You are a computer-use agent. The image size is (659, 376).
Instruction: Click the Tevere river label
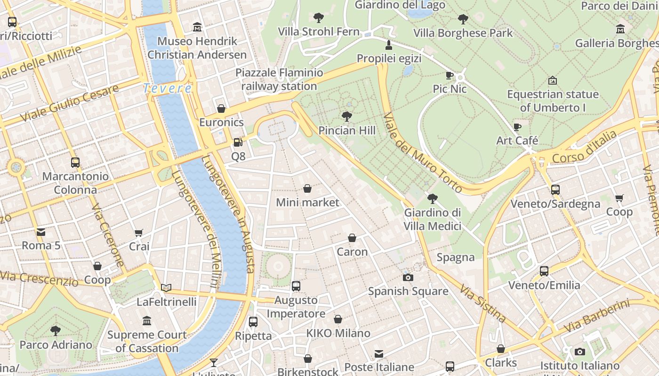point(168,88)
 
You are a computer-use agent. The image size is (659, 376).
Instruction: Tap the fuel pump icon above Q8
point(238,142)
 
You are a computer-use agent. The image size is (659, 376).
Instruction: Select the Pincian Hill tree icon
point(347,116)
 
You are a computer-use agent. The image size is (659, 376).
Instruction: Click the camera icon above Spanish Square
point(408,277)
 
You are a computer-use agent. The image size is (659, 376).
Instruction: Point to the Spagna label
point(455,257)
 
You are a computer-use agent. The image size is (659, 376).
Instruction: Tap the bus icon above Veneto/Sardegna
point(555,190)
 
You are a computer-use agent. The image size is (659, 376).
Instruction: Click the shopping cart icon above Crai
point(139,233)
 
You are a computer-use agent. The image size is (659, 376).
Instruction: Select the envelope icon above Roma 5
point(41,232)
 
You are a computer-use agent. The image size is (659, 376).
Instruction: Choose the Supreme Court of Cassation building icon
point(147,321)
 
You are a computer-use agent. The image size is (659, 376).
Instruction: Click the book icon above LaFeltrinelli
point(166,288)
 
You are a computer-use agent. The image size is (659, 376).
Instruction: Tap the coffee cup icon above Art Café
point(517,127)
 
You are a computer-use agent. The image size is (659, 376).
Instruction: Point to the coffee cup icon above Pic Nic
point(450,75)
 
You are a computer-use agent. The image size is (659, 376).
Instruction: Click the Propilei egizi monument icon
point(389,45)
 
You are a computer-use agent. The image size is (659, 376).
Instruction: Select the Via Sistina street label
point(483,304)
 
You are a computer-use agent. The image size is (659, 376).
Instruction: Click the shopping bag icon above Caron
point(352,238)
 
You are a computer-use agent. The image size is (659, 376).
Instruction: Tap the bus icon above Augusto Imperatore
point(296,286)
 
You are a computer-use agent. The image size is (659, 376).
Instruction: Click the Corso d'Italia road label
point(584,148)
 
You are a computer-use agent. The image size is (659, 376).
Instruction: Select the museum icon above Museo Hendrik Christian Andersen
point(197,27)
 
